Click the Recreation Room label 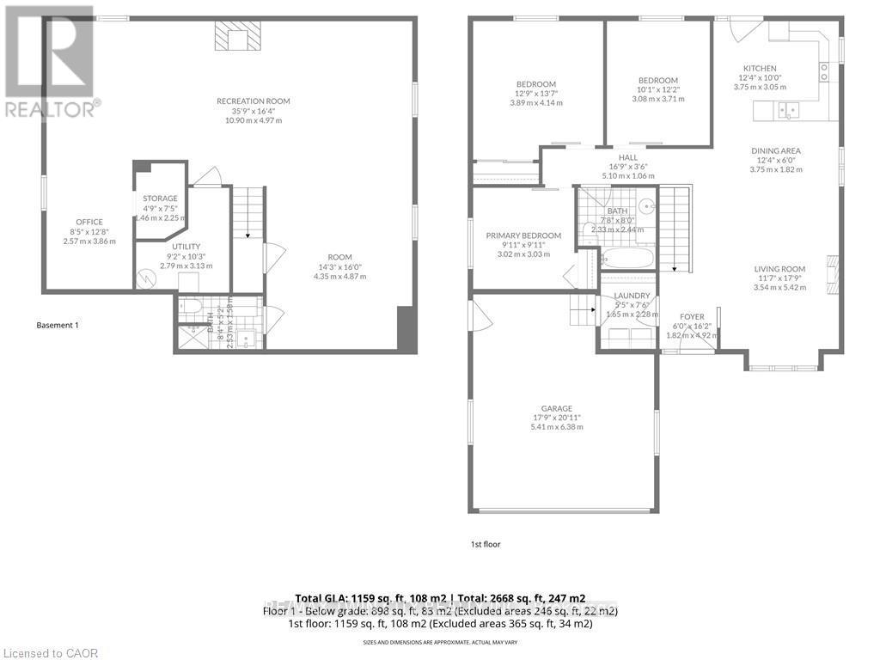click(x=253, y=101)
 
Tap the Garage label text click(x=557, y=408)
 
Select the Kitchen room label click(x=760, y=69)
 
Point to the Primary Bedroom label click(x=523, y=235)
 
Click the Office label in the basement click(x=89, y=222)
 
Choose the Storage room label click(x=161, y=199)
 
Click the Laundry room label click(x=632, y=296)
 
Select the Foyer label click(x=692, y=316)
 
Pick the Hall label click(x=629, y=157)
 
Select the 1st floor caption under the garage click(x=485, y=544)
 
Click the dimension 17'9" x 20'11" click(x=557, y=418)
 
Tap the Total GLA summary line click(x=440, y=598)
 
